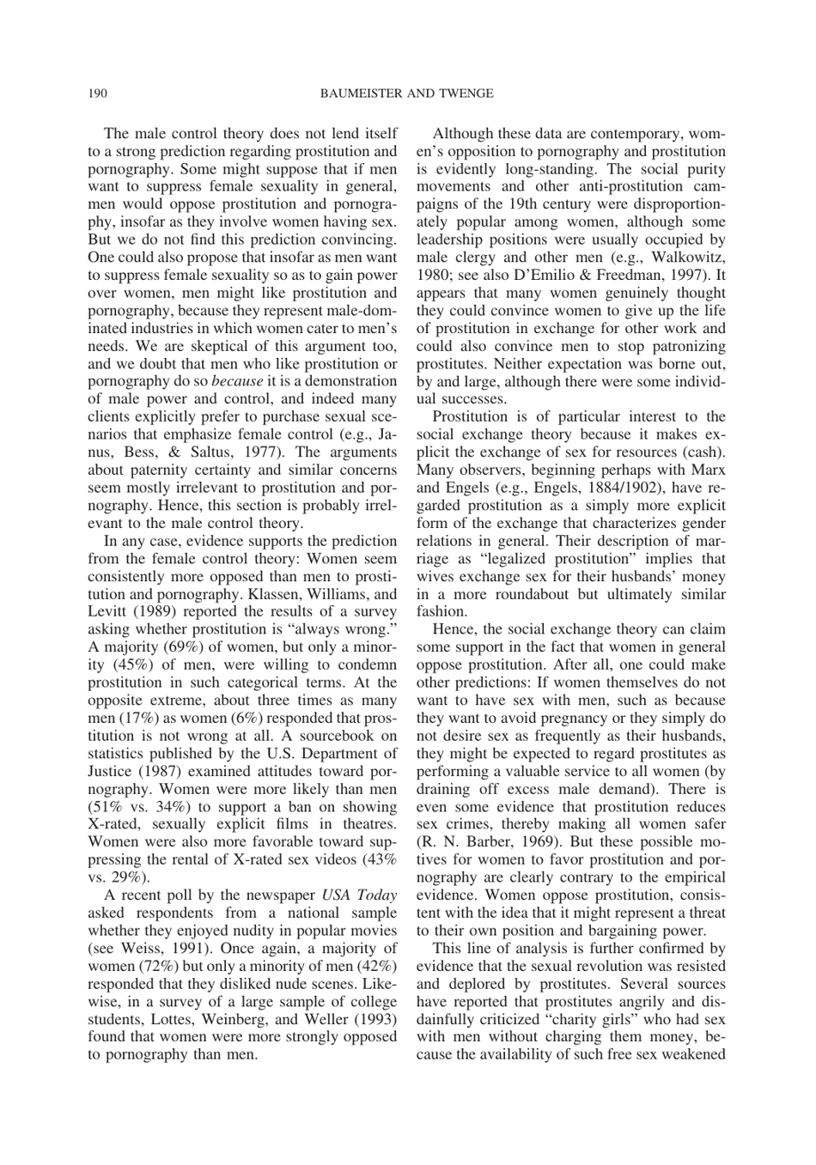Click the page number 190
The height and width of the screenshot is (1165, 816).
point(97,94)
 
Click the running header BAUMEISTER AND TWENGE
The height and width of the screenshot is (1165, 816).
point(407,94)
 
